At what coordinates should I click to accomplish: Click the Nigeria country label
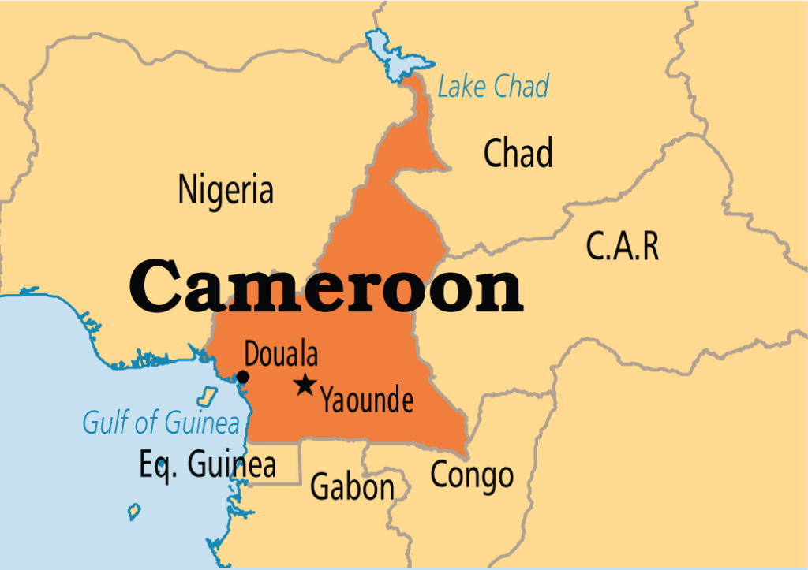226,190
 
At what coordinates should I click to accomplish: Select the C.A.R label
622,247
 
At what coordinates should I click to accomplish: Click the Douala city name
281,354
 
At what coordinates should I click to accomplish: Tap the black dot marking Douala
243,377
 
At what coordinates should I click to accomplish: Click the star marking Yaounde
304,386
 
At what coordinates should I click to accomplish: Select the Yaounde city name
366,400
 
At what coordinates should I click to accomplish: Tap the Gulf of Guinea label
160,423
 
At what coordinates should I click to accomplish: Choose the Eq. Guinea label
208,465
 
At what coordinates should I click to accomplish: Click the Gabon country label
352,486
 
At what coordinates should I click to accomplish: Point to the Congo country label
471,475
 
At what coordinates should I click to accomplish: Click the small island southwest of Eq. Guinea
134,511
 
